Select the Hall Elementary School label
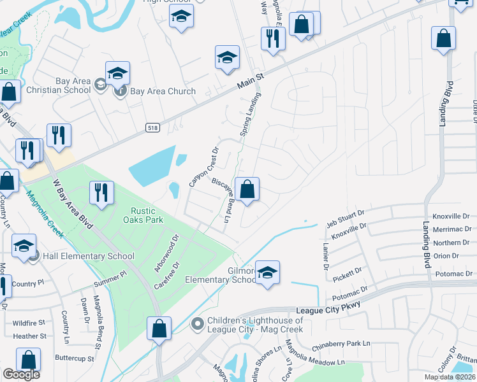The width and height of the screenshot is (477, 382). click(x=89, y=257)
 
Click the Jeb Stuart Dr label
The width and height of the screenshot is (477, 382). click(x=345, y=217)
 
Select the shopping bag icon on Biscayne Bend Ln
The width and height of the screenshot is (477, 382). click(x=247, y=189)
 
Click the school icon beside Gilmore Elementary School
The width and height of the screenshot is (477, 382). click(x=267, y=272)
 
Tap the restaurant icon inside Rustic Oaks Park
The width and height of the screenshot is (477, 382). click(x=101, y=193)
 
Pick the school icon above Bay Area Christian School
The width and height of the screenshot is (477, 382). click(x=118, y=74)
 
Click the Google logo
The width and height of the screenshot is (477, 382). click(x=21, y=374)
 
